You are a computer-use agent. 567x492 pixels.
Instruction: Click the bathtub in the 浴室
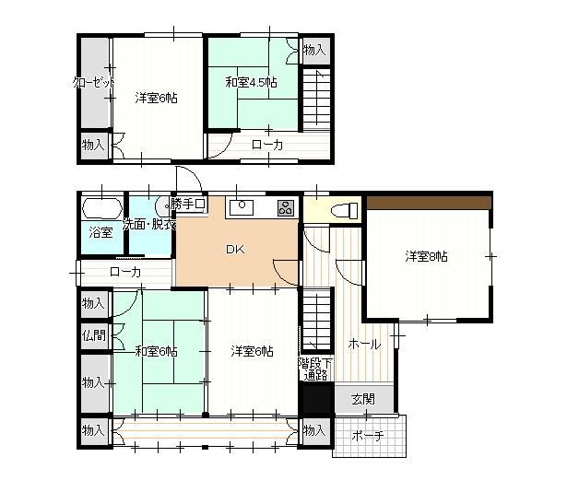coord(102,208)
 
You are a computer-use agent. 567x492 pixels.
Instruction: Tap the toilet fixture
coord(344,210)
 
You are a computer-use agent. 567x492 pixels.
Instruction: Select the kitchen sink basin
coord(242,208)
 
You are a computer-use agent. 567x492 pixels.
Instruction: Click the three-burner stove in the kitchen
coord(286,208)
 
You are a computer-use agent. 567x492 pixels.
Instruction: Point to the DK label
coord(235,249)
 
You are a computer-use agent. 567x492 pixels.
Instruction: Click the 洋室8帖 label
coord(426,257)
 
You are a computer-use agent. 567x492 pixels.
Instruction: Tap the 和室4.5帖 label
coord(251,83)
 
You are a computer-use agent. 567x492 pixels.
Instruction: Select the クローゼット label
coord(94,83)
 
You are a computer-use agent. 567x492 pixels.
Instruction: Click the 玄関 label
coord(363,400)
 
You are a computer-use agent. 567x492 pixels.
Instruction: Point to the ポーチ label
coord(368,436)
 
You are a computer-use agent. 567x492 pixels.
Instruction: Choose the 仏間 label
coord(94,336)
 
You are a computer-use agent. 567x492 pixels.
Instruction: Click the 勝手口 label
coord(188,205)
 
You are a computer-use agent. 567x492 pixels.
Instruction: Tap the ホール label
coord(364,345)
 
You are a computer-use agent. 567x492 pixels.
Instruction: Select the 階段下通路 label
coord(315,369)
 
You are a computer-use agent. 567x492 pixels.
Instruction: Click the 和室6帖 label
coord(156,351)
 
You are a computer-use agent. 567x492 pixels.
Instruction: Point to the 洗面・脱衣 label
coord(149,225)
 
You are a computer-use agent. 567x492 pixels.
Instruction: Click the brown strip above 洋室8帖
coord(429,203)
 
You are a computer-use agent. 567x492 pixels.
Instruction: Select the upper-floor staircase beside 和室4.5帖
coord(316,100)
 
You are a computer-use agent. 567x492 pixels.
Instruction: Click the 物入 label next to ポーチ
coord(314,430)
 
